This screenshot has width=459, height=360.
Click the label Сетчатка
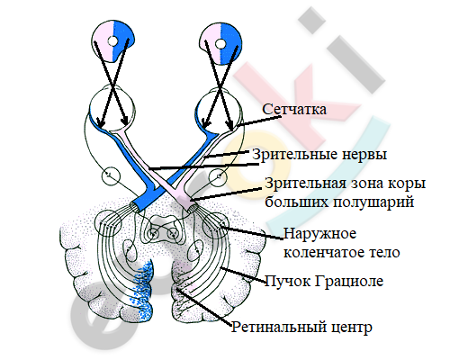294,109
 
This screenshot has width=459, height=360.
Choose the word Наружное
319,233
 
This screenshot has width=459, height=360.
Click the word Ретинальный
279,327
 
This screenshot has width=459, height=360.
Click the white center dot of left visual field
112,41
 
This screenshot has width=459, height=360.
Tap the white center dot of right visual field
220,44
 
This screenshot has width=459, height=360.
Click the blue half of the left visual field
123,42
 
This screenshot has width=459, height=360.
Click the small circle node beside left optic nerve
111,175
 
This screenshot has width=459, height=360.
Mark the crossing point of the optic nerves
162,183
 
